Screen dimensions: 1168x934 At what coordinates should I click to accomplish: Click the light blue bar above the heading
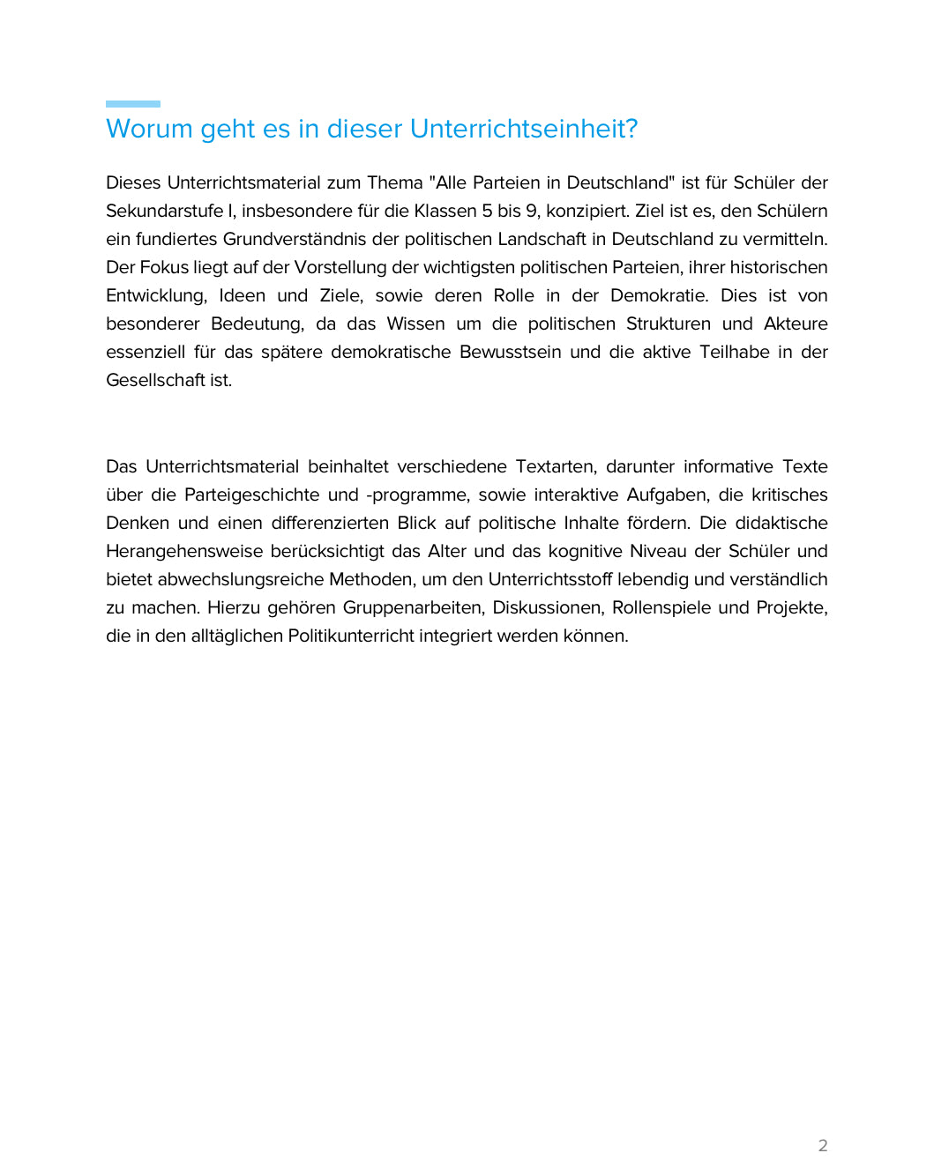point(133,104)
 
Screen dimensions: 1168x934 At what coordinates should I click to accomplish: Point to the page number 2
point(823,1145)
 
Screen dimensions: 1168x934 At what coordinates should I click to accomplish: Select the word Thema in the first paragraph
point(395,182)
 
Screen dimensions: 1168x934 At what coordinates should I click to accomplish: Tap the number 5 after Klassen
point(488,211)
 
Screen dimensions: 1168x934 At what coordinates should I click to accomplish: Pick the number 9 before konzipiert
point(532,211)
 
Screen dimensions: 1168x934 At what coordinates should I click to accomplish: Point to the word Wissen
point(415,324)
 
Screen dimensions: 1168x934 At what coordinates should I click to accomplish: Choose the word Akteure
point(796,324)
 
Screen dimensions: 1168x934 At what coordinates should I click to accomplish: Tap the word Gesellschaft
point(155,380)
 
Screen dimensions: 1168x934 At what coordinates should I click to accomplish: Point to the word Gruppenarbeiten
point(413,607)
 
